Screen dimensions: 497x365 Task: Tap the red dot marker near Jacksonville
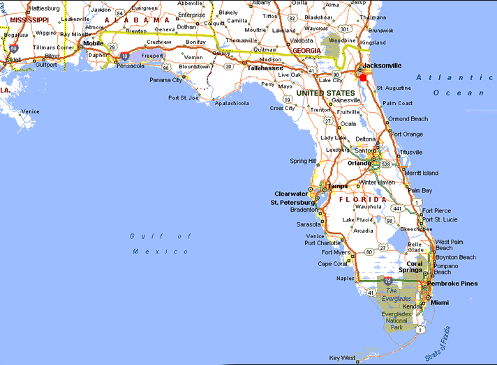(363, 79)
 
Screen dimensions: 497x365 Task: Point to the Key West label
(343, 358)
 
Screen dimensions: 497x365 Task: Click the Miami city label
(440, 303)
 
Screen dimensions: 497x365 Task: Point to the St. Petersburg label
(294, 203)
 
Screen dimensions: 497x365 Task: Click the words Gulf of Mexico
(160, 243)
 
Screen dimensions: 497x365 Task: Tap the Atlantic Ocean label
(450, 84)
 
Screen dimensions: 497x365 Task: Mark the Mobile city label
(94, 43)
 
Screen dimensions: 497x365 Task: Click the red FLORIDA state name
(362, 200)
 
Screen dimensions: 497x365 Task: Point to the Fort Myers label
(336, 252)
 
